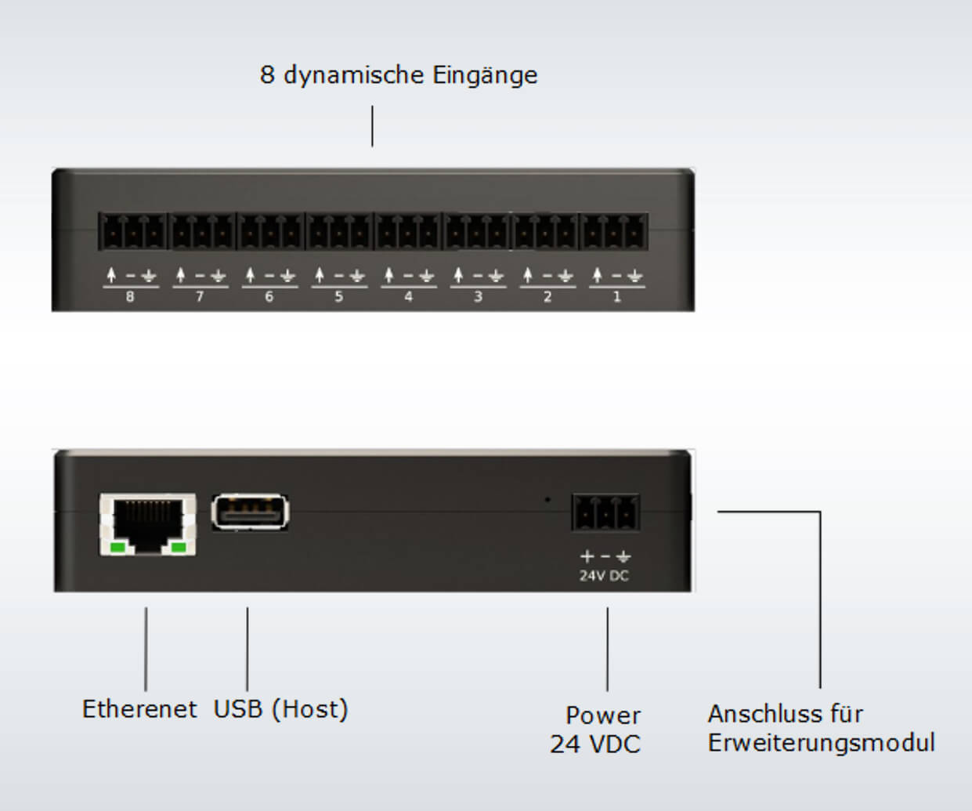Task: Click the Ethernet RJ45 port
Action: click(x=147, y=524)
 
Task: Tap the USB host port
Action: click(x=250, y=512)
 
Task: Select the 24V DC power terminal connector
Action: click(x=605, y=512)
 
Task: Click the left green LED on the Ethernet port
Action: click(x=117, y=548)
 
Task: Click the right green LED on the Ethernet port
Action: click(x=179, y=548)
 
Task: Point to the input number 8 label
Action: click(x=130, y=297)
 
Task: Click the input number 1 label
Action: click(x=617, y=297)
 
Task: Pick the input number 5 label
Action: click(x=339, y=297)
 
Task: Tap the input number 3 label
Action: click(x=478, y=297)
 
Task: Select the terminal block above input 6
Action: click(x=270, y=231)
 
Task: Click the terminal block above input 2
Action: click(x=546, y=231)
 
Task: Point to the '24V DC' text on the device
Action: click(x=604, y=576)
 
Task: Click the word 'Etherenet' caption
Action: click(x=139, y=709)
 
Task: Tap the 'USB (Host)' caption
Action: click(x=280, y=709)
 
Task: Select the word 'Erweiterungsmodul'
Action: click(x=821, y=743)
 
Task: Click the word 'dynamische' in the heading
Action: click(x=354, y=76)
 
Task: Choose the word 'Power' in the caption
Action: click(x=603, y=715)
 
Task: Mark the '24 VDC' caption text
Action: click(x=595, y=744)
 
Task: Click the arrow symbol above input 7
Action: click(x=181, y=275)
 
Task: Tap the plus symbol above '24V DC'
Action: click(x=587, y=556)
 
